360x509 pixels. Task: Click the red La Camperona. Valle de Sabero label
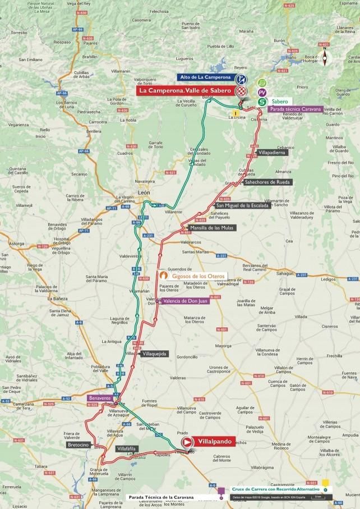[x=186, y=90]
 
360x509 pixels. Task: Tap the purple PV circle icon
[x=261, y=91]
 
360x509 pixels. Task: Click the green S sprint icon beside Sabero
[x=261, y=102]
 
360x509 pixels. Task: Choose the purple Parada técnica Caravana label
[x=295, y=109]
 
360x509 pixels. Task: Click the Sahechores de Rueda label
[x=268, y=182]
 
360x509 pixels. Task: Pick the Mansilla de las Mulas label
[x=213, y=228]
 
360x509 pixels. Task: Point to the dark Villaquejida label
[x=153, y=354]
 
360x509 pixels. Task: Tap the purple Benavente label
[x=100, y=398]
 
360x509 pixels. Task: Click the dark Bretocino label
[x=78, y=444]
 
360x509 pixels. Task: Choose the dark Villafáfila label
[x=127, y=449]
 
